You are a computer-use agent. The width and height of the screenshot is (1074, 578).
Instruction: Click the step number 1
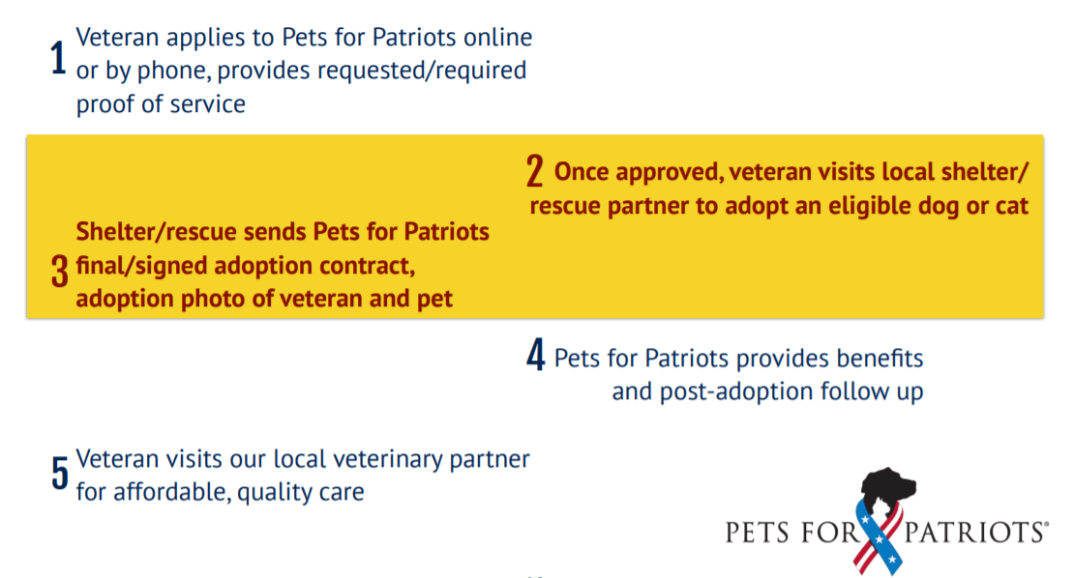click(59, 57)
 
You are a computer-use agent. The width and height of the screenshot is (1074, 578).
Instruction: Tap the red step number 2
click(535, 170)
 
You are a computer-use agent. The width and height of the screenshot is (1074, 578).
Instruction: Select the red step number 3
click(60, 271)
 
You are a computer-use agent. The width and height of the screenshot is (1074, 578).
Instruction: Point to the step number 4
click(536, 355)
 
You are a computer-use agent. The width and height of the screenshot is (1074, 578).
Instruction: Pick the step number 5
click(60, 473)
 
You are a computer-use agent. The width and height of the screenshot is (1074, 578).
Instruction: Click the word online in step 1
click(498, 37)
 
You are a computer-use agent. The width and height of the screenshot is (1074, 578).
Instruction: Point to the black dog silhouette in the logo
click(887, 487)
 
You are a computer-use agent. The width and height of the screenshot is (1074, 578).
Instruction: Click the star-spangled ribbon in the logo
click(879, 537)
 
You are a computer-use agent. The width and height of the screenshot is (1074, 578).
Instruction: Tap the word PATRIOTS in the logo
click(974, 533)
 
